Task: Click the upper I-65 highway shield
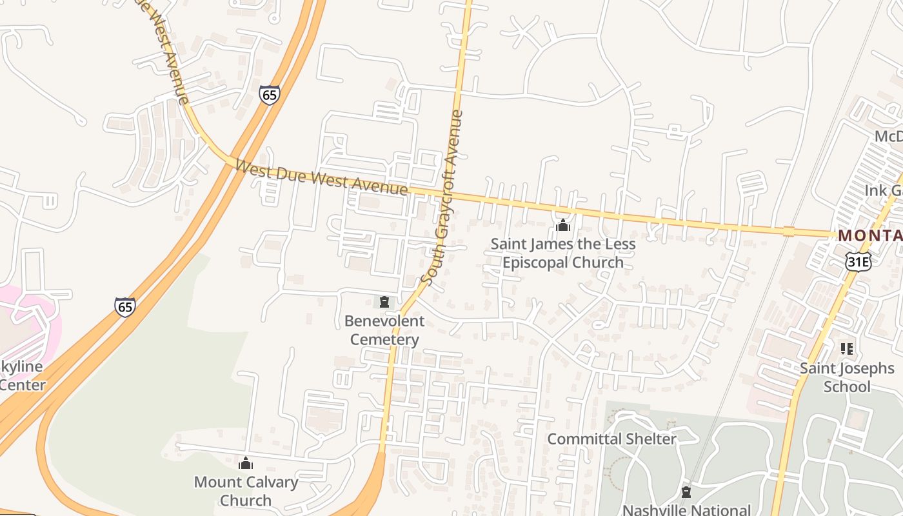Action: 270,95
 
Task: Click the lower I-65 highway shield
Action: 125,307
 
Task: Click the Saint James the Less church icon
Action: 563,225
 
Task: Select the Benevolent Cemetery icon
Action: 384,302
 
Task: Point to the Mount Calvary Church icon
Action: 246,463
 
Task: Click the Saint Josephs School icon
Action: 847,349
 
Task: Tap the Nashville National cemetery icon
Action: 686,493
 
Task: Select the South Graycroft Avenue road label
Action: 442,197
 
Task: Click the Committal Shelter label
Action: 611,439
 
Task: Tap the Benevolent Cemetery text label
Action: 384,330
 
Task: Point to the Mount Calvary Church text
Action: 246,491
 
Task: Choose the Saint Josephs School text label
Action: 847,377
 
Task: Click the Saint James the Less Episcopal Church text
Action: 563,253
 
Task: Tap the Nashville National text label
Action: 686,510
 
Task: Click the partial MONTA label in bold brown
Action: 869,236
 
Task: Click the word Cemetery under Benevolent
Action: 384,340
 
